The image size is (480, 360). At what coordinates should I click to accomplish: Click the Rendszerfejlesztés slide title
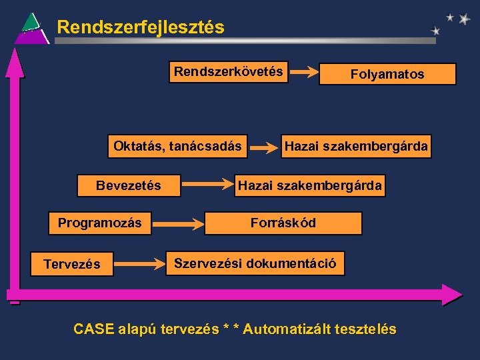tap(140, 27)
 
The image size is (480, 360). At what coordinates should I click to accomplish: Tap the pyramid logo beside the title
tap(31, 29)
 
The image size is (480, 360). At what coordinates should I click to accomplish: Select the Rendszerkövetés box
tap(229, 72)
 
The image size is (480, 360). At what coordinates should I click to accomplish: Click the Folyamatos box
tap(387, 74)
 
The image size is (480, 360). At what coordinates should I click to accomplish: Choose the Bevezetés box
tap(129, 186)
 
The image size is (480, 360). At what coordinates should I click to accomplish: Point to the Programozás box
tap(100, 223)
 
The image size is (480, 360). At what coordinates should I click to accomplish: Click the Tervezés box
tap(72, 264)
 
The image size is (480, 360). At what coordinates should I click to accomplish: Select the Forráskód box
tap(283, 223)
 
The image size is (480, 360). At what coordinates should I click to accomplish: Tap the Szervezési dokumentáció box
tap(256, 263)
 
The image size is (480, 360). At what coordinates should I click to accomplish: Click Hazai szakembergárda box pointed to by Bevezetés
tap(311, 186)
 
